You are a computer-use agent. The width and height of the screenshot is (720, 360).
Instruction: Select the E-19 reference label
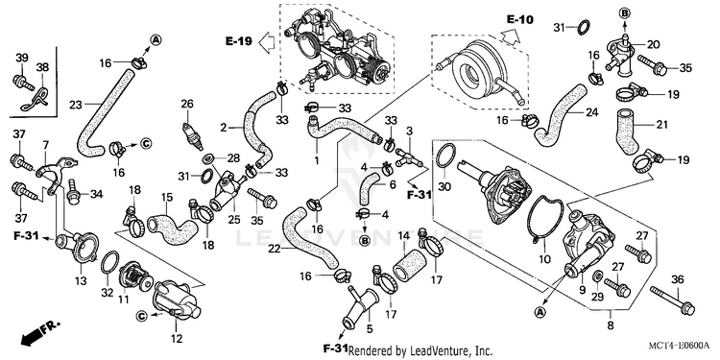tap(239, 41)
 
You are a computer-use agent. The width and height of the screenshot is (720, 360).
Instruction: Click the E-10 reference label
tap(520, 19)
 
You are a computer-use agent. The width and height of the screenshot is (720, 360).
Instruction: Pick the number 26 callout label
tap(187, 104)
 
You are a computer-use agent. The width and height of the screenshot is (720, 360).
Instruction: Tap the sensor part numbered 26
tap(193, 136)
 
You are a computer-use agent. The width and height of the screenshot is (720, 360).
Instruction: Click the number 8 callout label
tap(611, 326)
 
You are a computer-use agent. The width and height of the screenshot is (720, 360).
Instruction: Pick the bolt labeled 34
tap(73, 193)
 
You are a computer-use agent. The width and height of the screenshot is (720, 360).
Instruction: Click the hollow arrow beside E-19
tap(267, 42)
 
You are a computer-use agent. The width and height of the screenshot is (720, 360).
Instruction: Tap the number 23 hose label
tap(76, 105)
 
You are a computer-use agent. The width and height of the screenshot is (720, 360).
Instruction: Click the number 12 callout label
tap(177, 339)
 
